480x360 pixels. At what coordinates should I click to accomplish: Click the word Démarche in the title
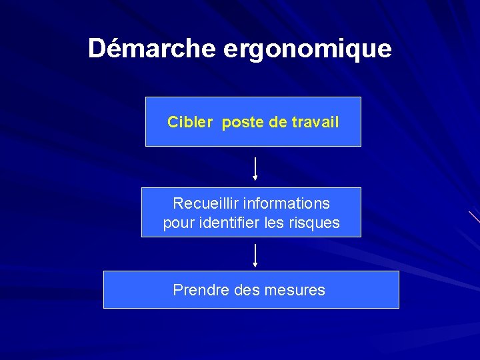tap(151, 49)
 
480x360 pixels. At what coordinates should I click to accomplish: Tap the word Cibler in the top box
tap(190, 122)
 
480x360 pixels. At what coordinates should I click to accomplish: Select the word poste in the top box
tap(243, 123)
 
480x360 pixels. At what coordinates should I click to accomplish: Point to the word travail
tap(315, 122)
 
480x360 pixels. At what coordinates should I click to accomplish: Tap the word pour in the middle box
tap(179, 223)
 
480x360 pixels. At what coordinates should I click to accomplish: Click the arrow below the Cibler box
tap(255, 168)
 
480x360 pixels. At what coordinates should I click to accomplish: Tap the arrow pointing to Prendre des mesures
tap(255, 255)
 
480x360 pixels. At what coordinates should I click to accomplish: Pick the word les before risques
tap(275, 223)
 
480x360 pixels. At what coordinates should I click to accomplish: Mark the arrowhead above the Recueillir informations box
tap(255, 178)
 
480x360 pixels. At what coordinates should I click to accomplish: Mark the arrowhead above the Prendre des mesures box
tap(255, 265)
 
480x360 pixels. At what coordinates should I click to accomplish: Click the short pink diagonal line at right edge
tap(474, 217)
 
